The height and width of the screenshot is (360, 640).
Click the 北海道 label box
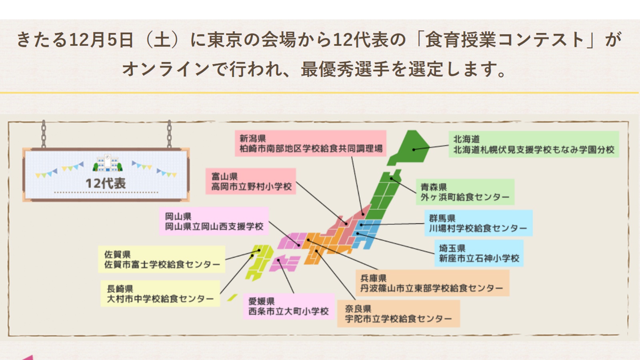click(x=534, y=144)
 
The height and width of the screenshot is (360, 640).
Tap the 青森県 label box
click(x=465, y=192)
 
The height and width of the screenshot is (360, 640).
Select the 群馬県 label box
click(x=478, y=223)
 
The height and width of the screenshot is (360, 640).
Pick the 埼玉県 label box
click(x=479, y=254)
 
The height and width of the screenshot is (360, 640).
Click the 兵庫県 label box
click(x=432, y=283)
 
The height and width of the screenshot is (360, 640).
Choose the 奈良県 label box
click(x=398, y=314)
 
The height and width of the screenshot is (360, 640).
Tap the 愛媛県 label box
click(x=289, y=306)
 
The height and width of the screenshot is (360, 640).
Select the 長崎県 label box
click(x=160, y=294)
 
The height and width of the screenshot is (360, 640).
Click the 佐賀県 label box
click(x=162, y=259)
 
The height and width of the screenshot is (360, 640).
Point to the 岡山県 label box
click(x=214, y=222)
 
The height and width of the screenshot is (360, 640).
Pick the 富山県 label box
click(x=251, y=182)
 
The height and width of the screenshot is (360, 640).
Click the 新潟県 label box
click(x=310, y=144)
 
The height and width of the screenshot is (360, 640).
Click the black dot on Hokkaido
click(x=414, y=150)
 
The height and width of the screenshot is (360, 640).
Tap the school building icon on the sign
click(x=108, y=163)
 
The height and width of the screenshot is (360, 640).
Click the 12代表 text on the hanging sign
click(x=106, y=184)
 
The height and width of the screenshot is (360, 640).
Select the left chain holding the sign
click(x=44, y=134)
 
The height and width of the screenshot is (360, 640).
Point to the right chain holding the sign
click(x=169, y=134)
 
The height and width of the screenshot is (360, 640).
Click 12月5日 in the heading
click(x=101, y=40)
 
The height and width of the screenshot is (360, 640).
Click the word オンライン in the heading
click(x=166, y=69)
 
